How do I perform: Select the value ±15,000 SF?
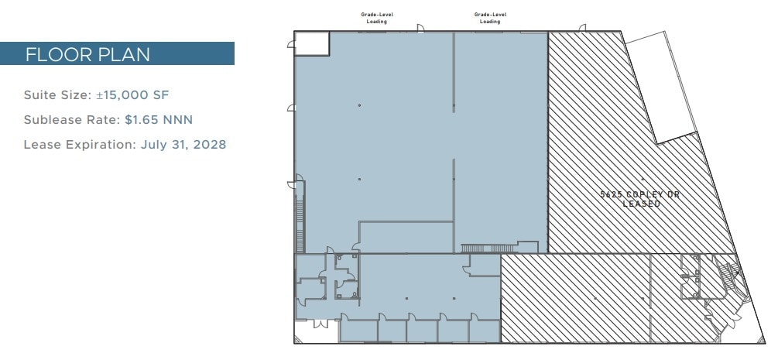click(x=132, y=95)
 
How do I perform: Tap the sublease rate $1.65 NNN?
click(x=159, y=120)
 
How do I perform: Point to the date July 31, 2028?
click(x=183, y=145)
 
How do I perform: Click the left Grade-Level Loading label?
click(x=377, y=18)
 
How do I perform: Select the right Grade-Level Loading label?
click(x=490, y=18)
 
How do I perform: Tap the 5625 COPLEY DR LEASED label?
click(x=640, y=199)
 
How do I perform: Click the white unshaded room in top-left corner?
click(x=312, y=43)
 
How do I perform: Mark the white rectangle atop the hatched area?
click(x=662, y=87)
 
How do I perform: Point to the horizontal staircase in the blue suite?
click(x=481, y=248)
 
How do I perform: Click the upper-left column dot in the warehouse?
click(x=360, y=105)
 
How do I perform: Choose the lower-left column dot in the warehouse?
click(x=360, y=180)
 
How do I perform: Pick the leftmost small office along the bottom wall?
click(x=358, y=331)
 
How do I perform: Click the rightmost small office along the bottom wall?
click(x=485, y=331)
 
